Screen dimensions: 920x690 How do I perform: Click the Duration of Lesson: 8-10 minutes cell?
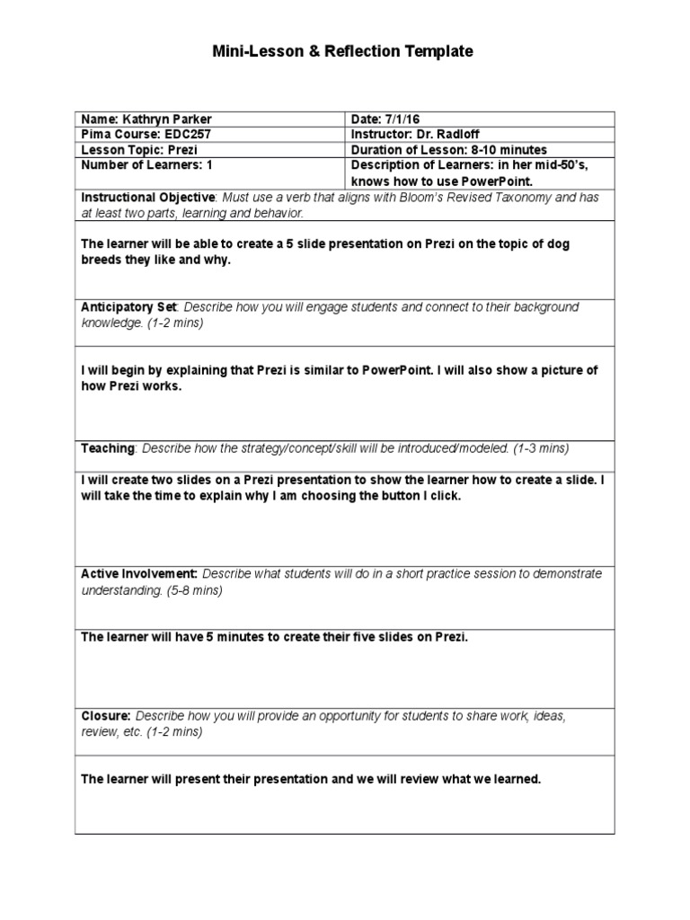pos(448,150)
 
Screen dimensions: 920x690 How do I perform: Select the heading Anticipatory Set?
pos(128,307)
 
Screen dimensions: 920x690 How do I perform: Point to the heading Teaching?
pos(108,447)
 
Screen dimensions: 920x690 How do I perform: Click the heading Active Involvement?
pos(139,573)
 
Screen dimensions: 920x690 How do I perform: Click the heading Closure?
pos(106,715)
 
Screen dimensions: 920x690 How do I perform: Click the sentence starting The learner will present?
pos(311,779)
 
